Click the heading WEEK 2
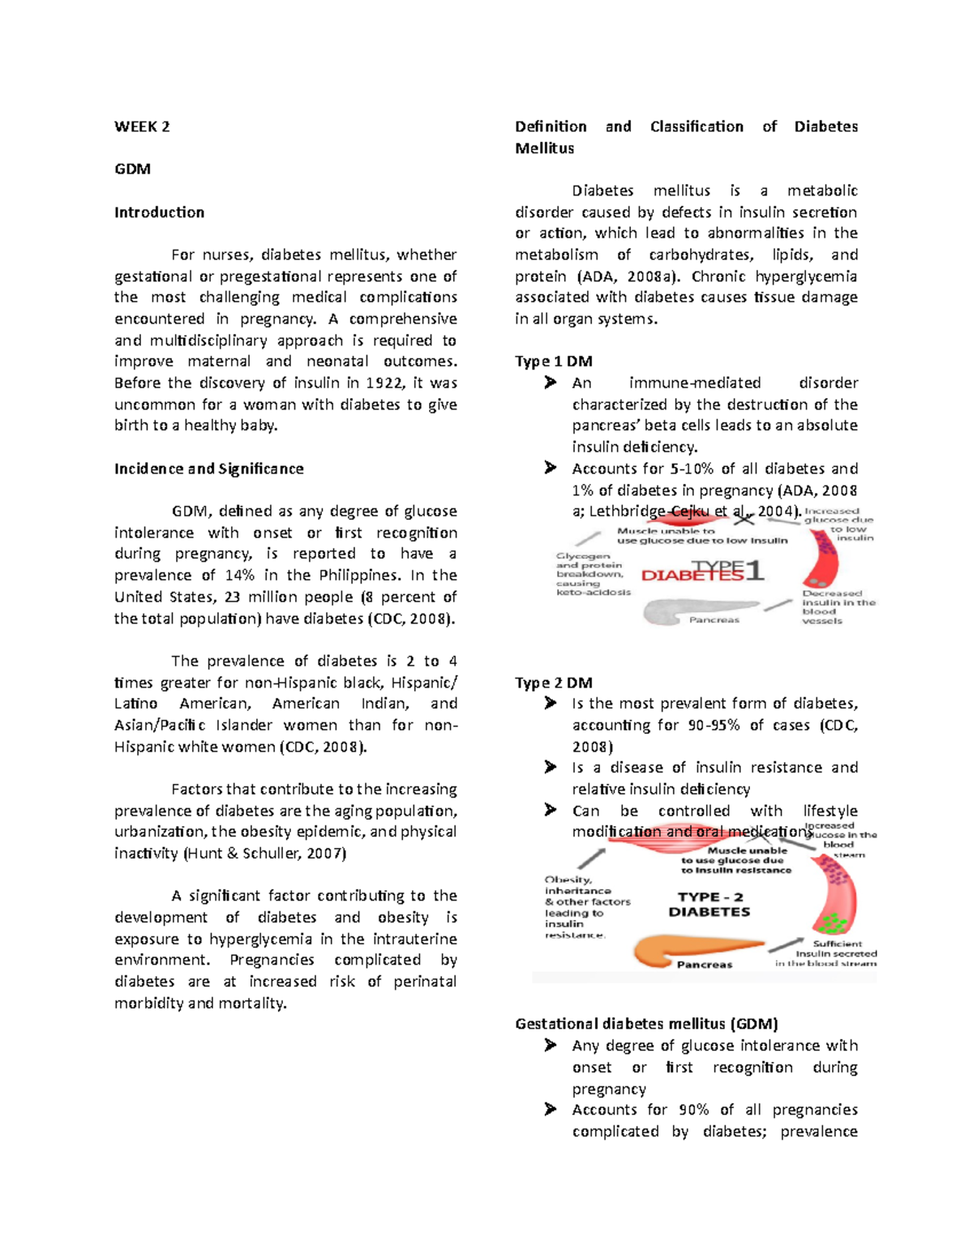(x=142, y=126)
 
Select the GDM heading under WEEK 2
(x=132, y=169)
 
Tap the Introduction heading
(x=159, y=212)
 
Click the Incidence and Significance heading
(x=208, y=469)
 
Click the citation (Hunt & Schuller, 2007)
(x=265, y=853)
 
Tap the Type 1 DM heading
(x=554, y=362)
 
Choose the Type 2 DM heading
(x=554, y=683)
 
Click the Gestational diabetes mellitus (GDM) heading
(x=646, y=1024)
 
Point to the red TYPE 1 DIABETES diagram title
(x=702, y=572)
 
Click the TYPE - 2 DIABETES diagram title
(x=709, y=904)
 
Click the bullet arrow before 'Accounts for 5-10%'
(x=551, y=468)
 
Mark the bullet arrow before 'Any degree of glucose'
(x=551, y=1046)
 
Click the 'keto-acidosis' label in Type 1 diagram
(x=594, y=592)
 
